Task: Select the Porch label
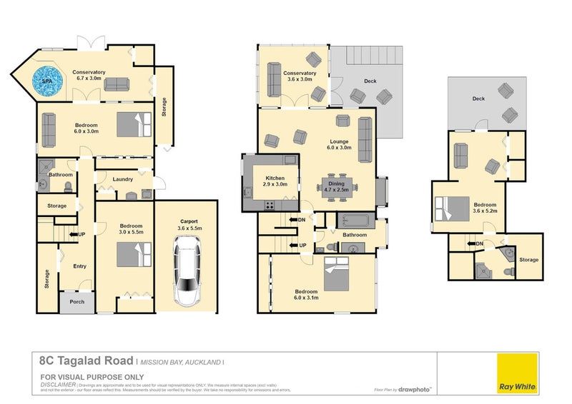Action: [77, 301]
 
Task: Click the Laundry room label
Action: [122, 179]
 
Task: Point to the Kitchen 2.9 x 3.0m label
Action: [275, 181]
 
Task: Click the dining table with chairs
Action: [335, 186]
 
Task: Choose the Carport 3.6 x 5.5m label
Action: [189, 225]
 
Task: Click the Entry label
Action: [79, 266]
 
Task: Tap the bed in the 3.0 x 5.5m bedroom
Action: [134, 254]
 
